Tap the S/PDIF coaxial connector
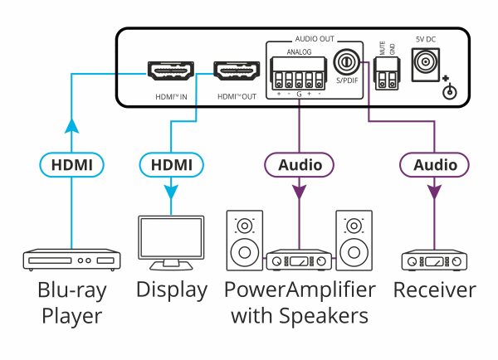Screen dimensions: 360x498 pos(345,62)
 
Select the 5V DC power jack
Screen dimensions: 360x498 pos(427,62)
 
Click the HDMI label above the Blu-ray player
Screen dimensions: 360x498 pos(71,164)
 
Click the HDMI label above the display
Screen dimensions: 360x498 pos(171,164)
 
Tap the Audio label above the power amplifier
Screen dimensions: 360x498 pos(299,164)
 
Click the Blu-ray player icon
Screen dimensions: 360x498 pos(71,260)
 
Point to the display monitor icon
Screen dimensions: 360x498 pos(171,243)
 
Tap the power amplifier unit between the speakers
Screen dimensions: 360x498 pos(299,261)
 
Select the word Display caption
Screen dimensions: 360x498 pos(171,290)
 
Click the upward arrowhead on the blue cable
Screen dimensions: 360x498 pos(71,126)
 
